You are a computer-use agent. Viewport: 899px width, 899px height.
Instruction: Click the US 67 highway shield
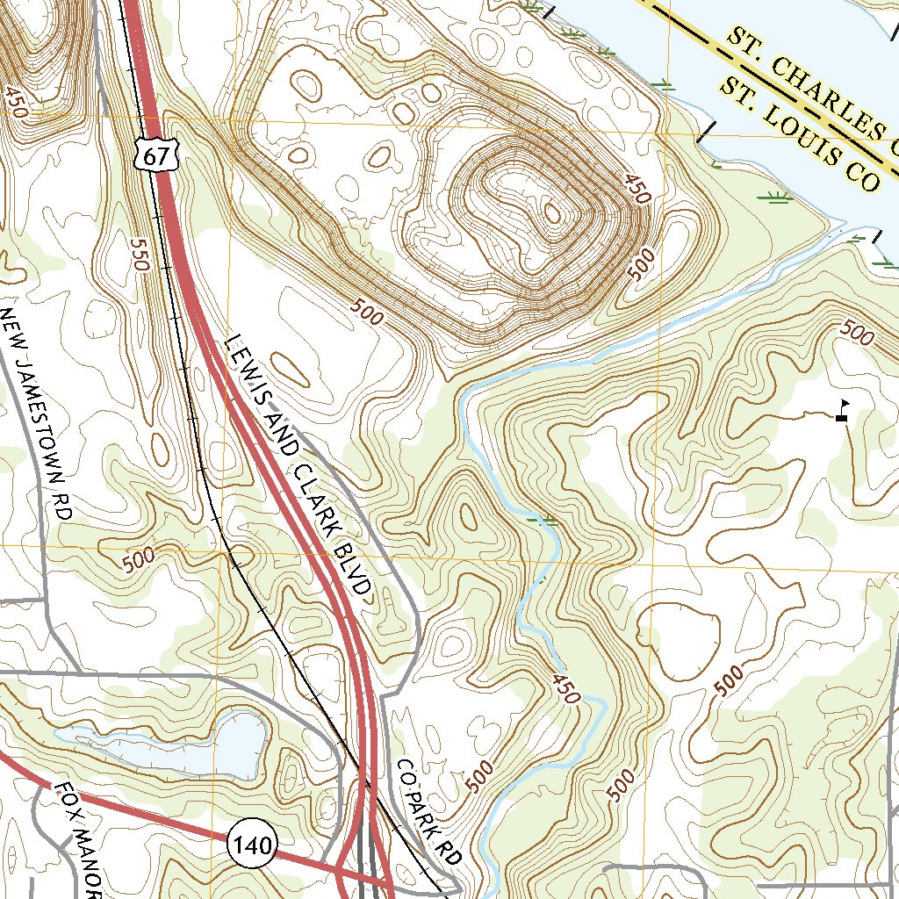[157, 156]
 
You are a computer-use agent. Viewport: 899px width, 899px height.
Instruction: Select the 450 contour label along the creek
[567, 688]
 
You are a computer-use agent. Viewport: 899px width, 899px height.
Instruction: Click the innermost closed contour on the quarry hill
[552, 212]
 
